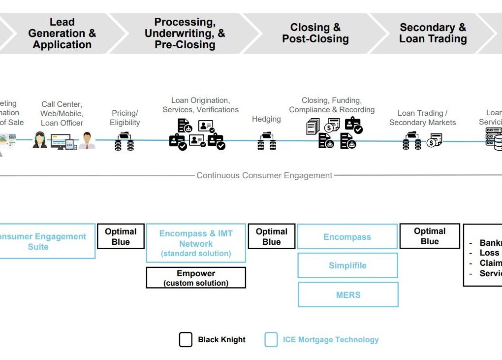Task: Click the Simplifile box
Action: (347, 265)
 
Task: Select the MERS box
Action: (348, 295)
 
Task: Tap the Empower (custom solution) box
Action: (196, 278)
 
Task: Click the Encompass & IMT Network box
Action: (196, 243)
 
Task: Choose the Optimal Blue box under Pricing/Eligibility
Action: (121, 237)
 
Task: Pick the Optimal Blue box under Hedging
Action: (272, 237)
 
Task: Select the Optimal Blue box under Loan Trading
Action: (430, 236)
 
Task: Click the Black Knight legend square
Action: (186, 340)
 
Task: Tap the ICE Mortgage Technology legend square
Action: (271, 340)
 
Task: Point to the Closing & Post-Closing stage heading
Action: (315, 33)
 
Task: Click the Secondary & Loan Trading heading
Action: (433, 33)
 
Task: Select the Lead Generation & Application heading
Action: (62, 33)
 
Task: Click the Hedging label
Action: (266, 119)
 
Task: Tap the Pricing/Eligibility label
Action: (125, 118)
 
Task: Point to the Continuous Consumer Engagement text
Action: (264, 175)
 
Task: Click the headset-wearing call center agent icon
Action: (40, 140)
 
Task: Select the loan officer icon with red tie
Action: (87, 140)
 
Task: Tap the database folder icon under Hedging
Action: (266, 141)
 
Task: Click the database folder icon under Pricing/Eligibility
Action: (124, 141)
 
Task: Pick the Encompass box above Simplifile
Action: (347, 237)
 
